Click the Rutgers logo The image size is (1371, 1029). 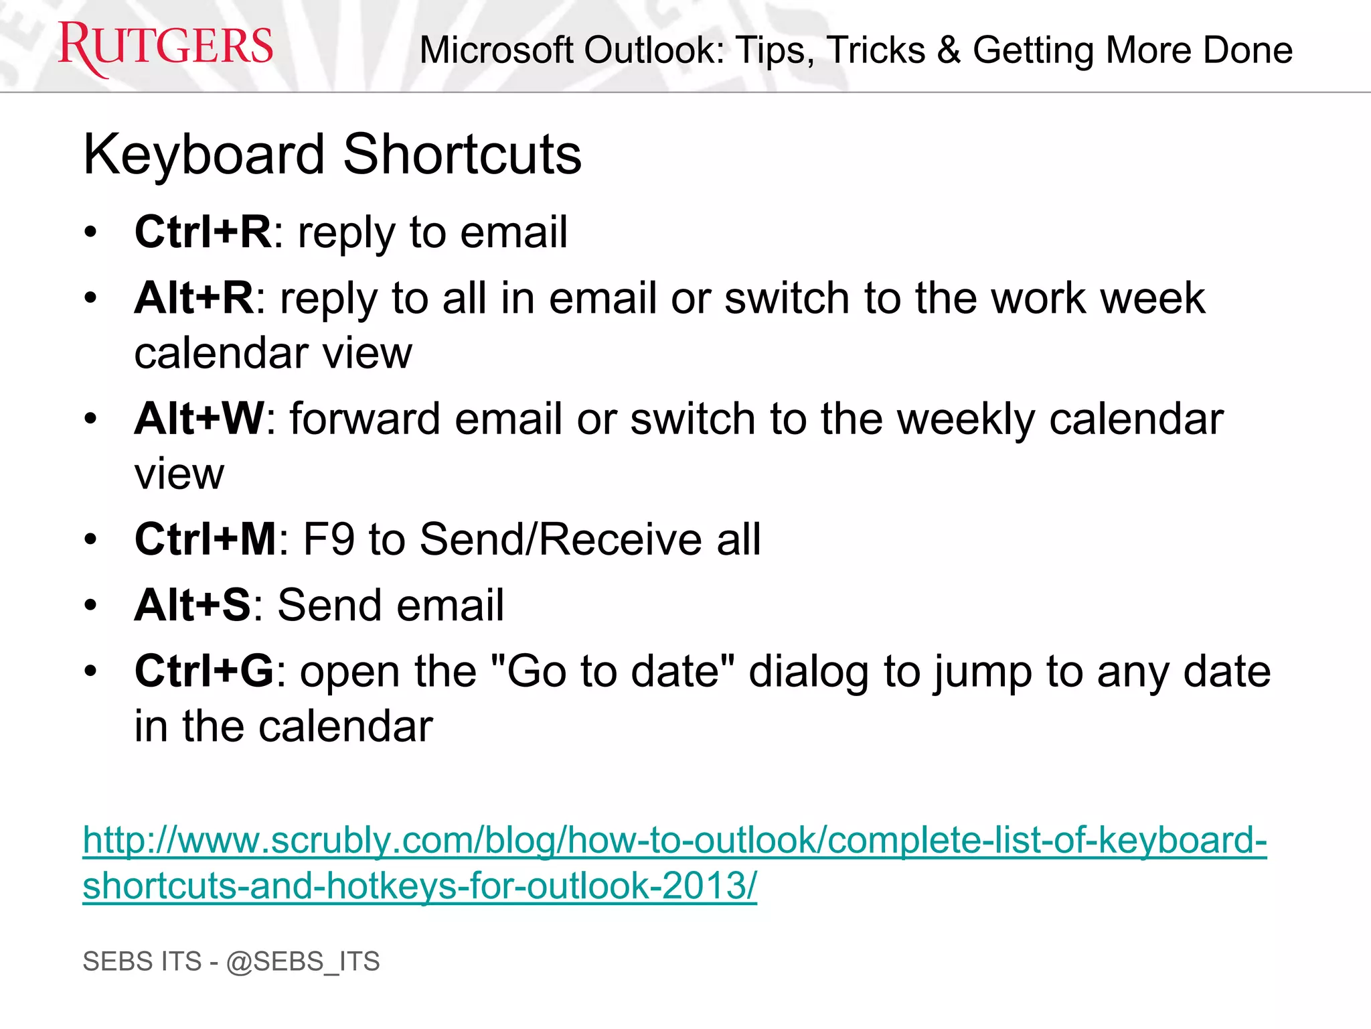tap(165, 47)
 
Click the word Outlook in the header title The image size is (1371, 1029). tap(653, 50)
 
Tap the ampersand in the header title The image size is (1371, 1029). tap(949, 50)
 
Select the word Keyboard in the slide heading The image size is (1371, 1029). tap(204, 155)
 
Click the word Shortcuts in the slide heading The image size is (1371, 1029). tap(462, 155)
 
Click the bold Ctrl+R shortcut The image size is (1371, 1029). tap(202, 232)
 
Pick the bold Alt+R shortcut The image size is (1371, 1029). tap(193, 297)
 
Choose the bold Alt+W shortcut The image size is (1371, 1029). tap(199, 419)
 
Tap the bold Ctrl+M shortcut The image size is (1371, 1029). tap(205, 539)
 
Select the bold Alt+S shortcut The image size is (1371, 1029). tap(192, 605)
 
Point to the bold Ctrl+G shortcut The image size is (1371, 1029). tap(204, 671)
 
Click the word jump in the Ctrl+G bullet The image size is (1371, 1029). tap(983, 672)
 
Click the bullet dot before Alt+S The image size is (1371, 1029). tap(91, 606)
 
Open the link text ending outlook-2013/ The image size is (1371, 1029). tap(419, 886)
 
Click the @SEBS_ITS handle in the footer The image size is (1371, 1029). tap(303, 961)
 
